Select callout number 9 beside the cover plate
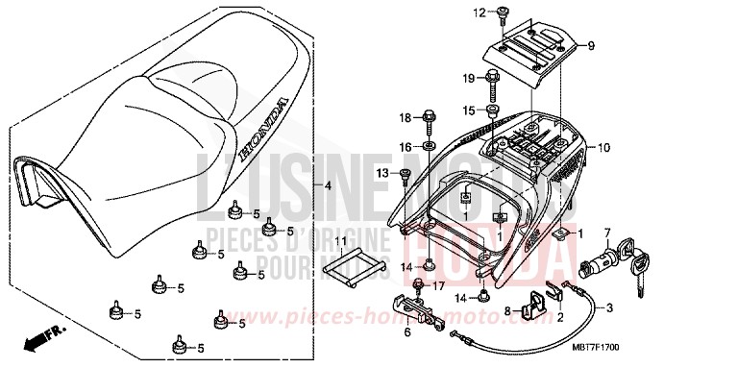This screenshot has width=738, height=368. pos(590,45)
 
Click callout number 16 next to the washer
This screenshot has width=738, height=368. pos(405,146)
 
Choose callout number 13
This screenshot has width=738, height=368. pos(406,173)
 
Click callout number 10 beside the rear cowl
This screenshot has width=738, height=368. pos(603,148)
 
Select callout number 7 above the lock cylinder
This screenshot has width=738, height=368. pos(606,233)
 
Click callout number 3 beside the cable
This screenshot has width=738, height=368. pos(608,307)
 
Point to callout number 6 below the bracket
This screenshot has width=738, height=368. pos(406,331)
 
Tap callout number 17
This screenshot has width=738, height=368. pos(438,285)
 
